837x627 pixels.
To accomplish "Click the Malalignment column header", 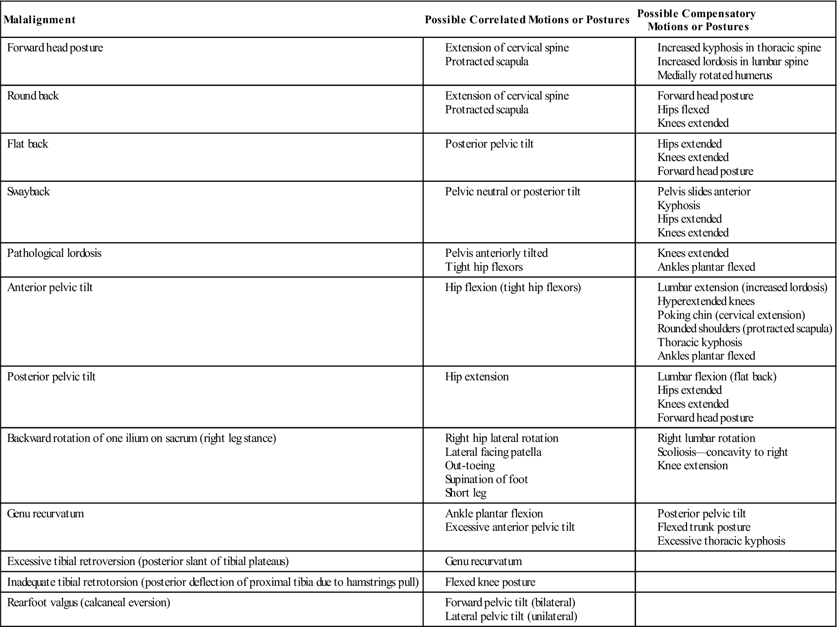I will (40, 20).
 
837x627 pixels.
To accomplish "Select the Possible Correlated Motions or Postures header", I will (527, 20).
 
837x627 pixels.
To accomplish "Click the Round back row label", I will (33, 96).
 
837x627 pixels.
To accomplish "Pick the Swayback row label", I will (29, 192).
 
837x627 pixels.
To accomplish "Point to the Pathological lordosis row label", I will (54, 253).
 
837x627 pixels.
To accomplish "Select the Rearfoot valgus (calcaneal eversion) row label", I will (88, 603).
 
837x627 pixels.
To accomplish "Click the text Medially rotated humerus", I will (714, 75).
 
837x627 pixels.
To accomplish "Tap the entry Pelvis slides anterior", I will (704, 192).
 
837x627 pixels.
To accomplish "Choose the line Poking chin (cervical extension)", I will (731, 315).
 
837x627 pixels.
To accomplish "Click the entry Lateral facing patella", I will (493, 452).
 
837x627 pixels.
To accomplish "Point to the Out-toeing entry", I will (470, 466).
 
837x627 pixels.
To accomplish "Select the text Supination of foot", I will (486, 479).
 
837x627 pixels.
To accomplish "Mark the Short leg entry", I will (466, 493).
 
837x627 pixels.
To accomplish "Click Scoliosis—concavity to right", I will (722, 452).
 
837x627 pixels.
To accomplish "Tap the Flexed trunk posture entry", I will (704, 527).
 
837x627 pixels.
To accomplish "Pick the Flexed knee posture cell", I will (490, 582).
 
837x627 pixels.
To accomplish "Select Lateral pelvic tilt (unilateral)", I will (511, 616).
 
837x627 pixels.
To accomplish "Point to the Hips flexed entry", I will (683, 110).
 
